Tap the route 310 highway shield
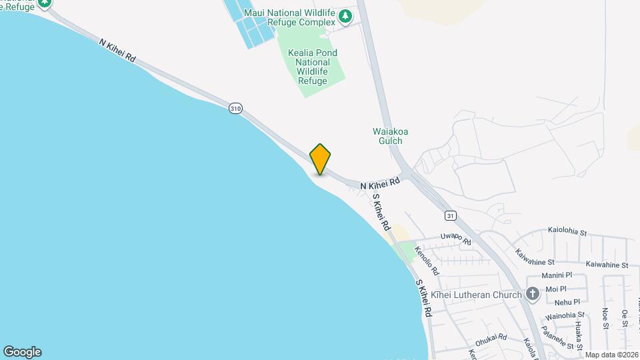(x=235, y=108)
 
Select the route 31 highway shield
(x=451, y=215)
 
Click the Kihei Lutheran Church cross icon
(x=532, y=293)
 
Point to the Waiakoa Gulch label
(x=390, y=136)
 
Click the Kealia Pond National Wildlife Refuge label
(x=313, y=67)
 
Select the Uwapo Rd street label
(x=456, y=238)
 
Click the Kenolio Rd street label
(x=427, y=261)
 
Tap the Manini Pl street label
(x=557, y=275)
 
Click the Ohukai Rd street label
(x=491, y=337)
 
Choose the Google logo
(x=22, y=351)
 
